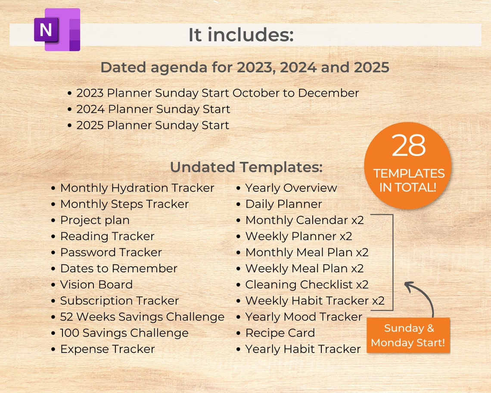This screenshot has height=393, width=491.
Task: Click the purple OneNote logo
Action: pos(57,30)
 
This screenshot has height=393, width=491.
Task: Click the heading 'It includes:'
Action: pos(241,35)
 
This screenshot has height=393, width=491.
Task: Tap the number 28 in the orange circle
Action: pos(408,146)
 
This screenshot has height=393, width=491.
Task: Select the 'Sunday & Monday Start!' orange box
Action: pos(408,335)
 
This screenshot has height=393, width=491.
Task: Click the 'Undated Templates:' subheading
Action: pos(246,167)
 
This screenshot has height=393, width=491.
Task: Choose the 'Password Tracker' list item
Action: pos(111,253)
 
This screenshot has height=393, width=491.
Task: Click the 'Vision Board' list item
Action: pos(96,285)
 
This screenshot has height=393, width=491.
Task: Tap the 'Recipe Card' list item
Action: pos(280,333)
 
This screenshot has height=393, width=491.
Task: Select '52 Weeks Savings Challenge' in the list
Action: pos(142,317)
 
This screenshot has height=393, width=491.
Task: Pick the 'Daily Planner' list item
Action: pos(283,204)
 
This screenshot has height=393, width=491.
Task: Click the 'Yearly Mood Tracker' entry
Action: pos(304,317)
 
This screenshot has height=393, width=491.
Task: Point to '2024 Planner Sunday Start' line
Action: pos(153,109)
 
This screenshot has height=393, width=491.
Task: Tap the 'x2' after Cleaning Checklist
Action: pos(362,285)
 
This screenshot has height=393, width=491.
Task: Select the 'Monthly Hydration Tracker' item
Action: pos(137,188)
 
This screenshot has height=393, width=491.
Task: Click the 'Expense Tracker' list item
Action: pos(107,349)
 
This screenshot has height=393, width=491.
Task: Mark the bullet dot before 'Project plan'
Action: pos(53,221)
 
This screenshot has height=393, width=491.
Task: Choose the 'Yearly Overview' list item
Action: pos(291,188)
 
